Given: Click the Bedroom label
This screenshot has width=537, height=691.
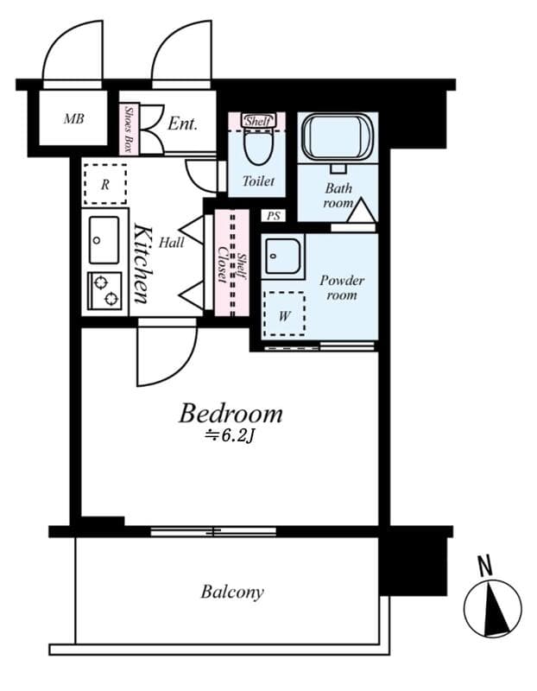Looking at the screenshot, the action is (231, 414).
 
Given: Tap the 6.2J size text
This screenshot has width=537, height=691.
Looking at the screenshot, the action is (230, 436).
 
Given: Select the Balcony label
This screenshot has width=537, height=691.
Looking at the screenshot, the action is (232, 592).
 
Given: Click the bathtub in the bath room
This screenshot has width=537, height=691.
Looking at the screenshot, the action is (338, 136).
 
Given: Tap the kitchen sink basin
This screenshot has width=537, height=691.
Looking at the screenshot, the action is (104, 240).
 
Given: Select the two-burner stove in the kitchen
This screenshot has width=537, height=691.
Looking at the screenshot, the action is (104, 291).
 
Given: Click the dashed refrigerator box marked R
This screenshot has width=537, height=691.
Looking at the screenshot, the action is (104, 184).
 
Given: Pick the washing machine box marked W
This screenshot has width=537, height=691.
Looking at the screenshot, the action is (284, 314).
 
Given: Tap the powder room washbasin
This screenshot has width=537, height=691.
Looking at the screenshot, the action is (283, 257).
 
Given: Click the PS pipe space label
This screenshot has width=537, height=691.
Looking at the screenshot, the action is (274, 216).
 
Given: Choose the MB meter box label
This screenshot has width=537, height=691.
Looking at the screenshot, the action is (73, 118).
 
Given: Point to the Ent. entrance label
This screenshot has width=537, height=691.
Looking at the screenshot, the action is (182, 124).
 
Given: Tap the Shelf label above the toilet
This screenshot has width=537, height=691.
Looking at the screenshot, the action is (257, 121).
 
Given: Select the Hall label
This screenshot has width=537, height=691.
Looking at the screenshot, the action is (171, 242).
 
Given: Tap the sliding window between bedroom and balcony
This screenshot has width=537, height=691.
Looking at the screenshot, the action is (213, 531).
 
